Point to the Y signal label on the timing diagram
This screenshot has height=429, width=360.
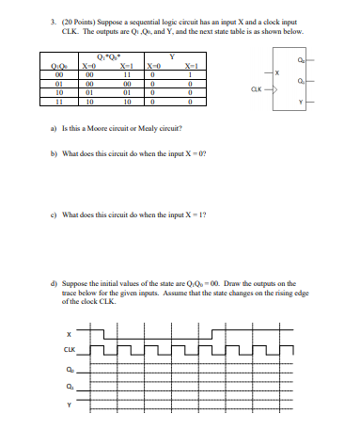point(68,405)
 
